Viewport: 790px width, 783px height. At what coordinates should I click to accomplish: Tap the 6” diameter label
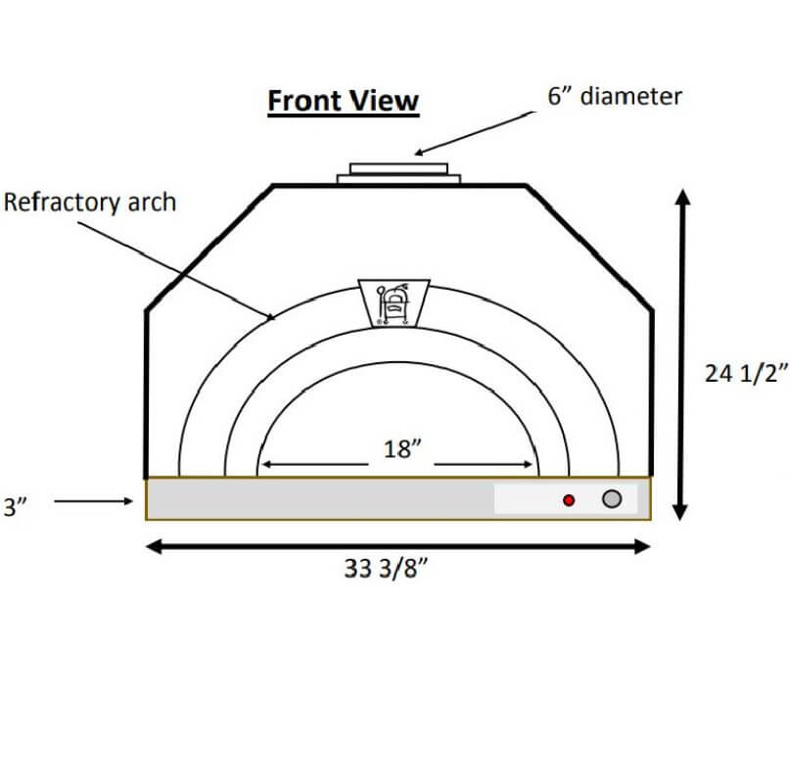pos(615,96)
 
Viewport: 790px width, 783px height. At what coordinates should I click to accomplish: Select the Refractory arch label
pos(90,203)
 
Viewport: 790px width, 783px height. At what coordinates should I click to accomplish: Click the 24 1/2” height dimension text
pos(746,374)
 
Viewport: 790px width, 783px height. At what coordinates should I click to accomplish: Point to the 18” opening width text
pos(402,449)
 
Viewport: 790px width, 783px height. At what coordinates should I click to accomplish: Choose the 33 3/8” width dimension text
pos(386,569)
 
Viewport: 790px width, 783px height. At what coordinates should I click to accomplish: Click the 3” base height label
pos(15,507)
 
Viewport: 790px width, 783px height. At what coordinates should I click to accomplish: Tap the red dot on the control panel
pos(569,500)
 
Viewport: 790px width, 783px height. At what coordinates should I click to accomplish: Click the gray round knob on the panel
pos(612,498)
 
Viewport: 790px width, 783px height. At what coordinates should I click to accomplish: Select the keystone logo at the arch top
pos(394,302)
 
